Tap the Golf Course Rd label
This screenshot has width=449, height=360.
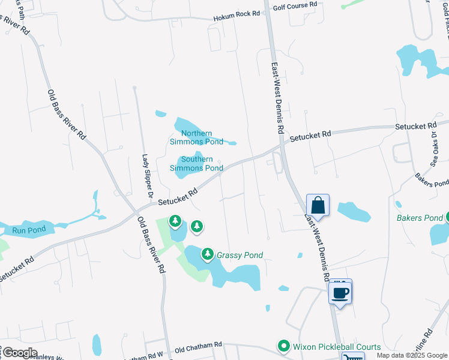[x=295, y=5]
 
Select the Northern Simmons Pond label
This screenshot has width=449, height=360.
[x=197, y=137]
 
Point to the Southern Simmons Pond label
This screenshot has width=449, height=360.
[x=197, y=163]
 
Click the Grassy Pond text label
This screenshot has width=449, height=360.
[x=240, y=255]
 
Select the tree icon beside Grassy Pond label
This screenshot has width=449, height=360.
[x=208, y=254]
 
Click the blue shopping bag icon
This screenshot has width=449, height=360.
[x=318, y=205]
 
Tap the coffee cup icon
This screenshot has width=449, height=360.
[x=340, y=293]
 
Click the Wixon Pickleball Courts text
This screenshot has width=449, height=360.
[x=337, y=347]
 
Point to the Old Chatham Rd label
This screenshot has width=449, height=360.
[x=198, y=347]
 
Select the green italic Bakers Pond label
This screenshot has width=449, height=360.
[x=420, y=218]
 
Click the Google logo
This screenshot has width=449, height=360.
[x=20, y=353]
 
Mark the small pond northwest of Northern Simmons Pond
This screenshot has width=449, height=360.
[x=160, y=113]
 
